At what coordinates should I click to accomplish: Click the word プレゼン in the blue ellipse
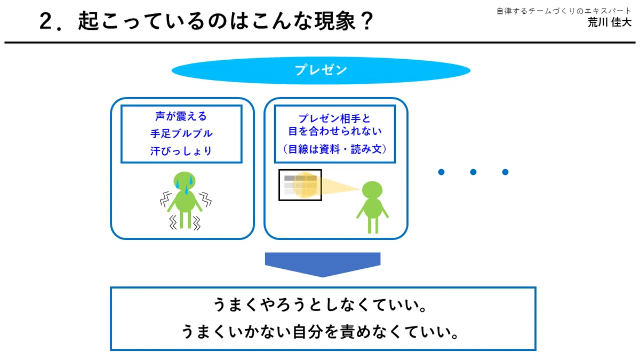pyautogui.click(x=321, y=70)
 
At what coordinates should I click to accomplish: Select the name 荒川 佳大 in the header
pyautogui.click(x=609, y=22)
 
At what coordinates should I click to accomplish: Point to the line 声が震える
pyautogui.click(x=181, y=116)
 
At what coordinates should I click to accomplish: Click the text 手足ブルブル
pyautogui.click(x=181, y=133)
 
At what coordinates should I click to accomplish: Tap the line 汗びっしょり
pyautogui.click(x=181, y=151)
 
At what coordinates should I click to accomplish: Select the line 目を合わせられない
pyautogui.click(x=334, y=131)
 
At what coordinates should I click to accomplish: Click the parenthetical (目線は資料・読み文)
pyautogui.click(x=334, y=149)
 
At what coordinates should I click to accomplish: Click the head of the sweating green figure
pyautogui.click(x=185, y=181)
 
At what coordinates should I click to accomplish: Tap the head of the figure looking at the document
pyautogui.click(x=372, y=190)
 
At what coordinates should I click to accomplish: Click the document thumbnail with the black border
pyautogui.click(x=300, y=185)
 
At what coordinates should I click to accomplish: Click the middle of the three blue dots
pyautogui.click(x=473, y=172)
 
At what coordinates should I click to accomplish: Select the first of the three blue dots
pyautogui.click(x=441, y=172)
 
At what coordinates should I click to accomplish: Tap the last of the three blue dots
pyautogui.click(x=505, y=172)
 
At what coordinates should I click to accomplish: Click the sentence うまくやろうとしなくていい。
pyautogui.click(x=321, y=305)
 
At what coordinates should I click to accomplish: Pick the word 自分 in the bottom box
pyautogui.click(x=307, y=332)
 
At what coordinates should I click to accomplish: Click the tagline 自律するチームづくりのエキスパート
pyautogui.click(x=564, y=11)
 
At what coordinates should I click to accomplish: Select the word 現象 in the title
pyautogui.click(x=335, y=21)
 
